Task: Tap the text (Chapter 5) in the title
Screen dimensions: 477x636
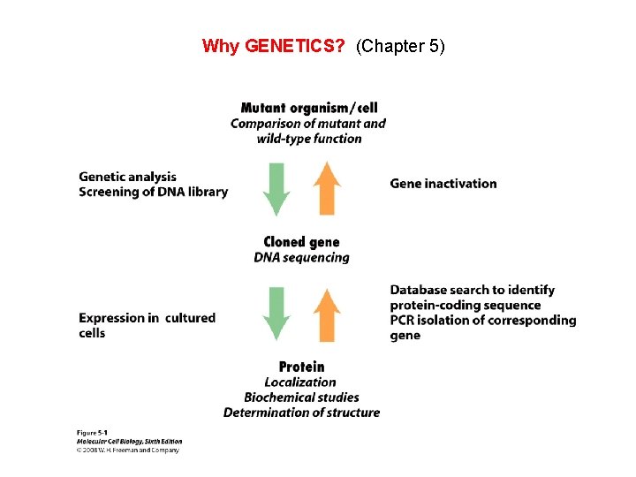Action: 400,46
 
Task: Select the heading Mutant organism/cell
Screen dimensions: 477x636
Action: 308,109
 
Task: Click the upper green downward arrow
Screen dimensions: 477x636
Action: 277,188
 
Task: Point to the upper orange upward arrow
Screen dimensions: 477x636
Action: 328,188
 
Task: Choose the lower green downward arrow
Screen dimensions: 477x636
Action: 277,314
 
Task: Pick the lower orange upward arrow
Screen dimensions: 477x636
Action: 328,314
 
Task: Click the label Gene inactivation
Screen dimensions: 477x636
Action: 443,184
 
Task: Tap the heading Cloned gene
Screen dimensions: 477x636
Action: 301,242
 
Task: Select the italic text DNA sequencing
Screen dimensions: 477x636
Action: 301,257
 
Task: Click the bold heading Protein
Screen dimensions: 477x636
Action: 301,367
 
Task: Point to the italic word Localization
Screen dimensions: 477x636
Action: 300,382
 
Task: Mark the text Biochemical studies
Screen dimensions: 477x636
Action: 301,397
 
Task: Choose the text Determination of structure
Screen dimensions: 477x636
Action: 301,412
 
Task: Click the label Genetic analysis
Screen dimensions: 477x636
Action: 127,177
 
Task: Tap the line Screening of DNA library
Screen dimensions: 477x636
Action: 153,192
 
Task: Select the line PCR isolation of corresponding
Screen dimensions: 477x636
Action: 482,320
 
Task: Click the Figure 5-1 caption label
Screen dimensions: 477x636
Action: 91,433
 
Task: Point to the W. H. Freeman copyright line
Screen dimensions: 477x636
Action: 129,450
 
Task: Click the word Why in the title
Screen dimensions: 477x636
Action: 221,46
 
